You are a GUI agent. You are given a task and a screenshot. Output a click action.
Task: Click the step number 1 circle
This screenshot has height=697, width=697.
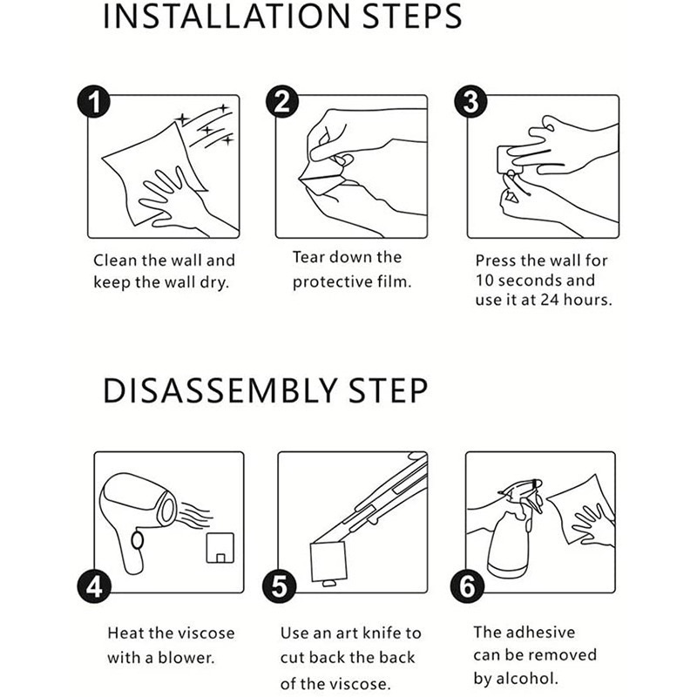point(94,102)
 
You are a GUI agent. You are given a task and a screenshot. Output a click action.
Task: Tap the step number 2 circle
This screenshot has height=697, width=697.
point(281,102)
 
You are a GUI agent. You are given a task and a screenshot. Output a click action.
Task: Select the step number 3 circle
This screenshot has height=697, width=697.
point(470,102)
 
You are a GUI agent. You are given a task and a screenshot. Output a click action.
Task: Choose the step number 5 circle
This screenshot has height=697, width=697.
point(279,586)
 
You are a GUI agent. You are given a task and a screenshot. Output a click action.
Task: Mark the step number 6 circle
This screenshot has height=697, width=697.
point(468,586)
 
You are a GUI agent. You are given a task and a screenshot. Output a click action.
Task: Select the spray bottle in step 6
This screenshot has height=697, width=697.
point(515,530)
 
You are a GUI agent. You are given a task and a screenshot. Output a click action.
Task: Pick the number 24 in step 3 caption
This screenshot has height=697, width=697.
point(550,300)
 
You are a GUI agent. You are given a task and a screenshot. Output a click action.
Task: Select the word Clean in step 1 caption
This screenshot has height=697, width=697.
point(115,261)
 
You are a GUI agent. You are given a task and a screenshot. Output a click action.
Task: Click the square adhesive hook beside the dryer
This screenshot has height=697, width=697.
point(220,548)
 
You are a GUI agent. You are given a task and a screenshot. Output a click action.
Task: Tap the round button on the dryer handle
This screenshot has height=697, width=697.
point(138,540)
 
